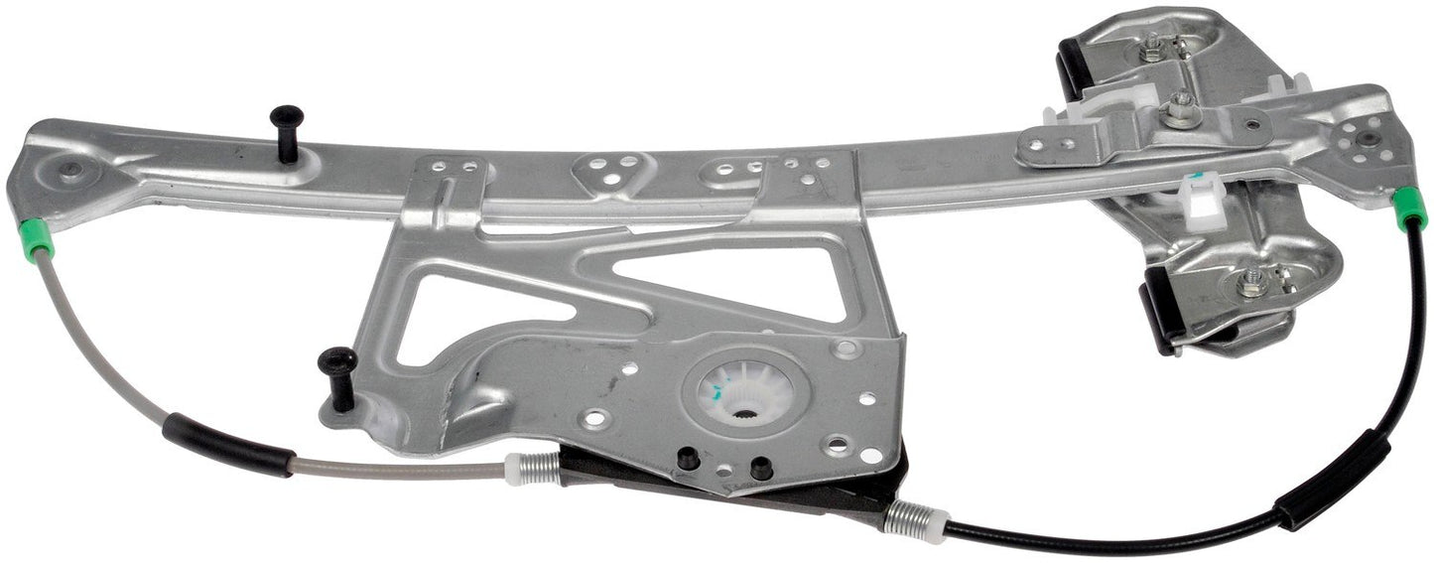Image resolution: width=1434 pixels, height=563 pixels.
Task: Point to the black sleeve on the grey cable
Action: (x=227, y=445)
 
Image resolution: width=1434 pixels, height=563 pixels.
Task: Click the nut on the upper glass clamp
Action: (x=1153, y=47)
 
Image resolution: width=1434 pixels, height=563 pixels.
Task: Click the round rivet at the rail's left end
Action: (x=70, y=170)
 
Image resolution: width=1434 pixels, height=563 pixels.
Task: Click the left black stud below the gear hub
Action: (x=684, y=458)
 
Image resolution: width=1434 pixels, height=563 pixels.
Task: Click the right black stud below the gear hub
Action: (x=761, y=467)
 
